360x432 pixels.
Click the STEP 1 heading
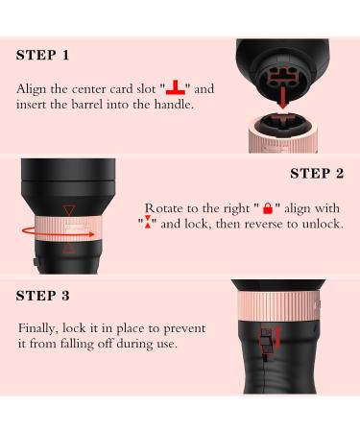[42, 55]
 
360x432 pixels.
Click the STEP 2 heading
[317, 174]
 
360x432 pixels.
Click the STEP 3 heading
[42, 296]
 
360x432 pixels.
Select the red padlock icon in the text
[268, 208]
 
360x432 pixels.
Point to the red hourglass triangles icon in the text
[148, 222]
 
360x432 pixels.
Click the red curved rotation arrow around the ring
[58, 232]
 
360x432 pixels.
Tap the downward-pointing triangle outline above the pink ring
[69, 210]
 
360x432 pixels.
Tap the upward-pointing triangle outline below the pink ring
[69, 248]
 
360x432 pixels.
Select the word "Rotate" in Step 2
[164, 208]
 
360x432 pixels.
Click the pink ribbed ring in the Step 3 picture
[278, 306]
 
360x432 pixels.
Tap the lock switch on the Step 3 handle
[265, 341]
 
